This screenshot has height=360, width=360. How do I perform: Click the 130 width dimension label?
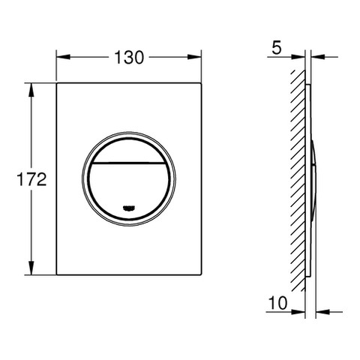129,58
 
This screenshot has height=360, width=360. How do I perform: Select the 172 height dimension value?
31,179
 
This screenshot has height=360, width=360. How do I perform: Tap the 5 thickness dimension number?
277,48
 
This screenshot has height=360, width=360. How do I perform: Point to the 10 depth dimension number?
277,303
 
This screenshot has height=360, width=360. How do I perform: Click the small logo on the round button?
129,208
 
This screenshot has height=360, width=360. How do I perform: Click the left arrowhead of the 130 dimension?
63,57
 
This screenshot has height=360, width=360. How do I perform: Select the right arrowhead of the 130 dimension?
194,57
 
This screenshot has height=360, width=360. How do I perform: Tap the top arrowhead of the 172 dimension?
31,90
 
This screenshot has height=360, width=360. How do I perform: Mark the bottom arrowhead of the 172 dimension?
31,268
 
